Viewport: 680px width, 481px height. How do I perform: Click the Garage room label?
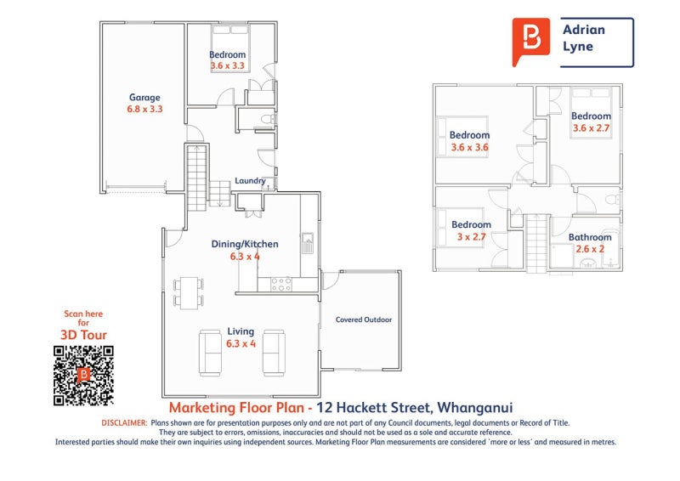click(x=144, y=98)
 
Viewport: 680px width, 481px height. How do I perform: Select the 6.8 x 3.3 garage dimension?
click(x=144, y=109)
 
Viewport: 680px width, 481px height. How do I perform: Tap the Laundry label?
click(x=250, y=181)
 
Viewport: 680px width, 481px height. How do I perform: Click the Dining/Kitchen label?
click(x=245, y=244)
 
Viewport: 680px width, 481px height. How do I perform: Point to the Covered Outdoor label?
click(x=364, y=320)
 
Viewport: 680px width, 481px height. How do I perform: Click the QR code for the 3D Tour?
click(x=83, y=375)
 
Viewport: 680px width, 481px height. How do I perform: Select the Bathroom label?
click(x=590, y=237)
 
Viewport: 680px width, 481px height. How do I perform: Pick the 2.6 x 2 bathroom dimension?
click(x=590, y=249)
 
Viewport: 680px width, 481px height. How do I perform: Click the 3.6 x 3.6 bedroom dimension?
click(x=469, y=148)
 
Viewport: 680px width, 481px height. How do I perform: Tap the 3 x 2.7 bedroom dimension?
click(x=471, y=237)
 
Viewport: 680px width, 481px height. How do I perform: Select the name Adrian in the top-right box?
click(x=584, y=30)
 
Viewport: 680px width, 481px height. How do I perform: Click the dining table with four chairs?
click(x=189, y=292)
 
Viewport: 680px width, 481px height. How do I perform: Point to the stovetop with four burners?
click(x=281, y=284)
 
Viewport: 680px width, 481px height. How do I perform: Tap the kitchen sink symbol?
click(x=308, y=243)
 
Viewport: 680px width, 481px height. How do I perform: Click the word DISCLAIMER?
click(x=124, y=423)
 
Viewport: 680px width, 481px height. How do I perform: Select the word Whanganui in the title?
click(x=475, y=408)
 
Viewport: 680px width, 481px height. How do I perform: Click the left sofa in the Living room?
click(x=210, y=353)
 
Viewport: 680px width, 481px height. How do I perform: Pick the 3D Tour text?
click(x=83, y=335)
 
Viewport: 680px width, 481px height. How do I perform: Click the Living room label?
click(x=241, y=331)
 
